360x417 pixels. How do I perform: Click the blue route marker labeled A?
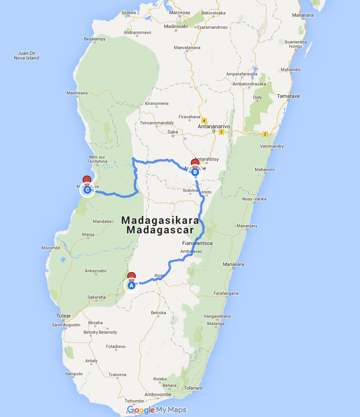pos(131,285)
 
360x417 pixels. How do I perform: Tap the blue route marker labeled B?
pos(195,172)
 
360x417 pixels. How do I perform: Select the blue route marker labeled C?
pos(87,189)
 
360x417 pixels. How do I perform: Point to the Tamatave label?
pos(288,96)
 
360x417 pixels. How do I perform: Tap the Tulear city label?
pos(63,316)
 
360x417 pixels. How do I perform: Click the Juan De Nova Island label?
pos(26,55)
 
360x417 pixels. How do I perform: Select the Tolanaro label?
pos(193,388)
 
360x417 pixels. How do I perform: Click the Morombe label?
pos(51,248)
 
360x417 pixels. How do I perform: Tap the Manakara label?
pos(233,264)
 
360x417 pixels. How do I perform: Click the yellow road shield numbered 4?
pos(204,121)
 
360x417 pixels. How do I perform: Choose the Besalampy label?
pos(95,39)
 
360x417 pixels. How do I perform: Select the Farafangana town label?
pos(226,293)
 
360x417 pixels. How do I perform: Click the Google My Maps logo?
pos(157,410)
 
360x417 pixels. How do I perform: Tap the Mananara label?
pos(303,15)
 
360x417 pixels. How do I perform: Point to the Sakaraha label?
pos(96,297)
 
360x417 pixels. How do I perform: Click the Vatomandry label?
pos(272,146)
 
